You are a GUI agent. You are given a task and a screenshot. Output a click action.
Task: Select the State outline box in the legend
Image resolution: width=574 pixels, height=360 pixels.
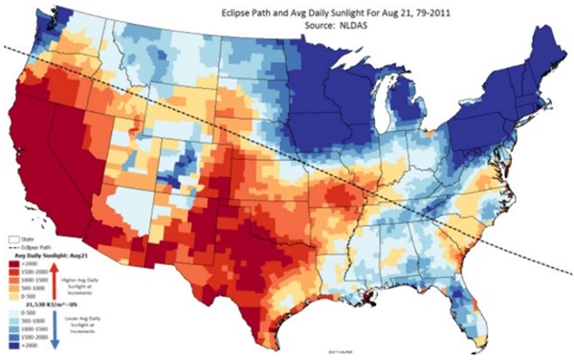[12, 235]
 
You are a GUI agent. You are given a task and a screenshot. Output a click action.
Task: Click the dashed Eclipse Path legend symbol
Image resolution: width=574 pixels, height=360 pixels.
[12, 244]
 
